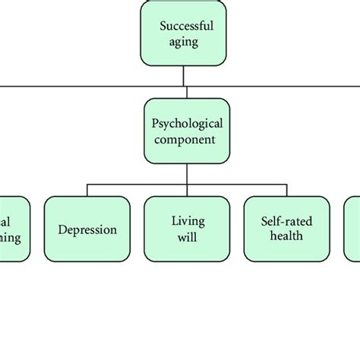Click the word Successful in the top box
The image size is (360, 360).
tap(186, 26)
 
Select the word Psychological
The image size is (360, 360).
tap(186, 124)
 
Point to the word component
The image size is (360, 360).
tap(186, 140)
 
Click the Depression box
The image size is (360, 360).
tap(87, 229)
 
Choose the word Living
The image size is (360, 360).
tap(186, 220)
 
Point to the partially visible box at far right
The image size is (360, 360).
tap(353, 229)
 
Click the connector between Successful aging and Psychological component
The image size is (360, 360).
tap(186, 76)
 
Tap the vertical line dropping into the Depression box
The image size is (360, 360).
tap(87, 190)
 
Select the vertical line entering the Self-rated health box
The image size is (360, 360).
tap(286, 190)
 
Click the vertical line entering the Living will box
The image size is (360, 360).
tap(186, 190)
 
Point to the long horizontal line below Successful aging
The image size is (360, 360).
tap(76, 86)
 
